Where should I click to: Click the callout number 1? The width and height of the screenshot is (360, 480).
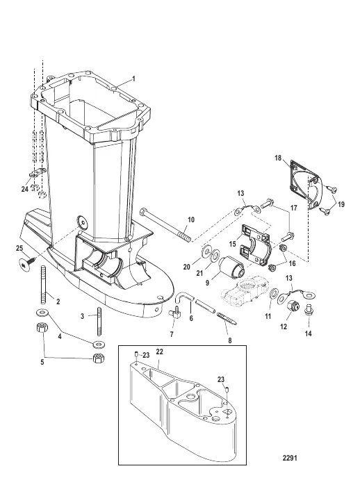(x=133, y=78)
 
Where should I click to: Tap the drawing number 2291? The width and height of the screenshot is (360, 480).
(x=290, y=458)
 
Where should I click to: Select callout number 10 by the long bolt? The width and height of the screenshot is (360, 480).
(x=191, y=220)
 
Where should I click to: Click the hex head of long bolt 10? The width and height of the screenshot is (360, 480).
(x=145, y=212)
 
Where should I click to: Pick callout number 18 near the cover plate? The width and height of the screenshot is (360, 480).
(x=278, y=158)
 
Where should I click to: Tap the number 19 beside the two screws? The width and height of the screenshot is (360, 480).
(x=341, y=204)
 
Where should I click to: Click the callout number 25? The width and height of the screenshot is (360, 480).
(x=19, y=248)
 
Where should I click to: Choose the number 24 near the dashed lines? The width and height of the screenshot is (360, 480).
(x=25, y=189)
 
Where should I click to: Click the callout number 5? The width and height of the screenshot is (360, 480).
(x=42, y=362)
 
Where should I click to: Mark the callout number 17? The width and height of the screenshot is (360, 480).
(x=293, y=208)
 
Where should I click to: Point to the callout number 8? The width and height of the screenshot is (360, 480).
(x=230, y=340)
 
